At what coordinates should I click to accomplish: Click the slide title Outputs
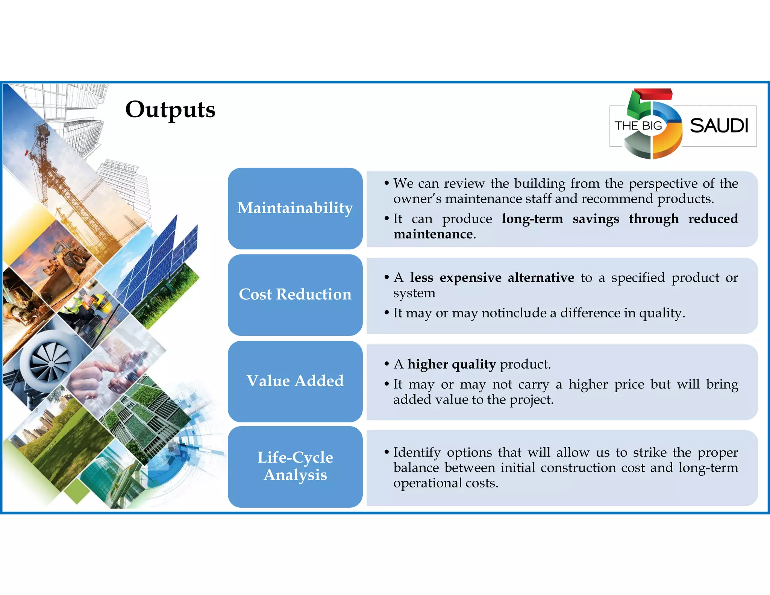170,109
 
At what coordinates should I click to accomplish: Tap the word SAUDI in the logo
718,126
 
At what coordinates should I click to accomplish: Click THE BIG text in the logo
638,126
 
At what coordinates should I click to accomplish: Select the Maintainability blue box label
295,208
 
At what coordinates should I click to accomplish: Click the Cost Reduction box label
295,294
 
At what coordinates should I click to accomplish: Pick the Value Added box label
295,381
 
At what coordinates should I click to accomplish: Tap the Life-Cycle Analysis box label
295,466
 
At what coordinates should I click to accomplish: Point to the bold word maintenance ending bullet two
433,234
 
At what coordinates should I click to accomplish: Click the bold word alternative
541,278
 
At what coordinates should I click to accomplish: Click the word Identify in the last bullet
417,452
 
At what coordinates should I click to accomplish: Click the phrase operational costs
446,483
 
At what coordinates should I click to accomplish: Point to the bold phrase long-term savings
560,219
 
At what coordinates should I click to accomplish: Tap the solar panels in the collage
158,260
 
